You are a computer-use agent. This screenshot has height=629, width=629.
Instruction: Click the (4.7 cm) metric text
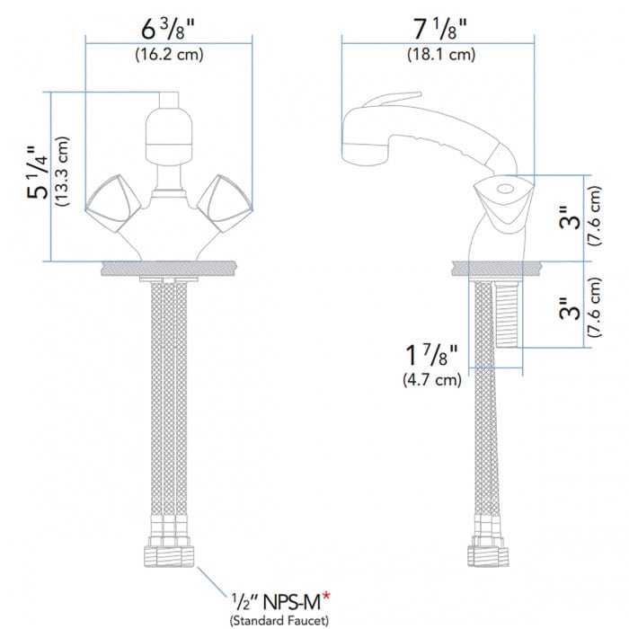tap(431, 380)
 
